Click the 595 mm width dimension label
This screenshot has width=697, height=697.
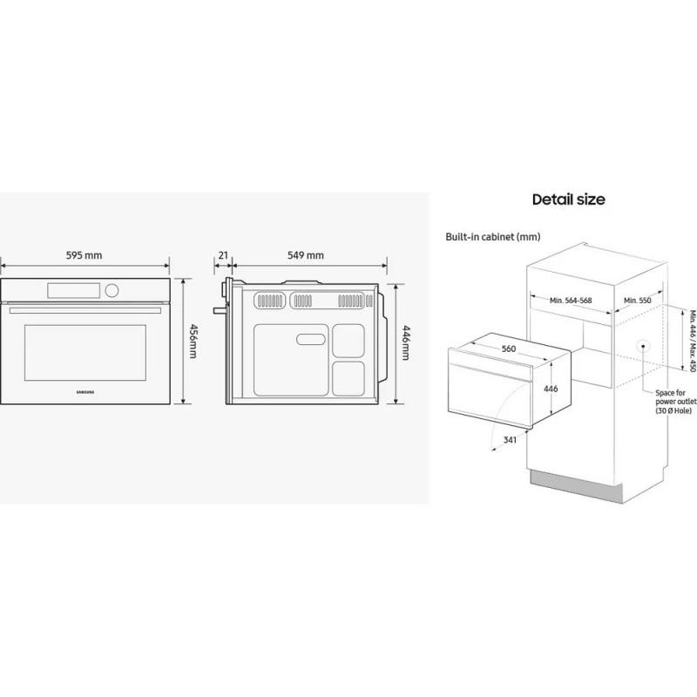pos(84,255)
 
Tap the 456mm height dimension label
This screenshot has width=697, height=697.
pos(193,342)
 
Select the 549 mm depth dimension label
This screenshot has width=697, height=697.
pos(306,255)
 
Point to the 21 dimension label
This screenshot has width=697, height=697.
pos(223,255)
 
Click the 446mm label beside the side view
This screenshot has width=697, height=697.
pos(406,342)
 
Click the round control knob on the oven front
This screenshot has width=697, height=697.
pos(112,291)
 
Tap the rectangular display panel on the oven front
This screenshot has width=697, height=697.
pos(74,291)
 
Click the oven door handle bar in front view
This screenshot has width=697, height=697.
pos(85,311)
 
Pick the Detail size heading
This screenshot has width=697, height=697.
pos(569,200)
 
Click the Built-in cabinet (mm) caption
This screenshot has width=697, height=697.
pos(493,237)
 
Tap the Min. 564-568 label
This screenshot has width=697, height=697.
pos(571,301)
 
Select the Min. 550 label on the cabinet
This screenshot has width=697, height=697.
pos(637,301)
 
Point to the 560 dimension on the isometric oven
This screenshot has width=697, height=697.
pos(509,349)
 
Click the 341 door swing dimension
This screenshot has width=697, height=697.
pos(510,440)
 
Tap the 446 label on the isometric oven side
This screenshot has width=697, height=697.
pos(551,389)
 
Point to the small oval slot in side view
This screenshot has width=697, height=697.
pos(311,340)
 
